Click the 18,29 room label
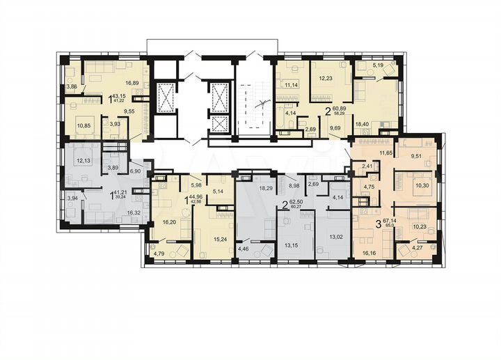coord(267,188)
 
